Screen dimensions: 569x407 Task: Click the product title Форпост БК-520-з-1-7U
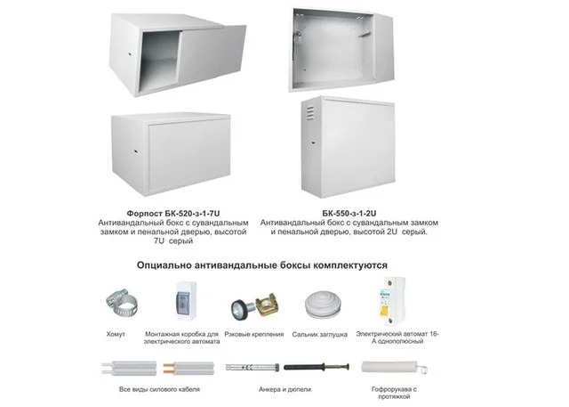173,214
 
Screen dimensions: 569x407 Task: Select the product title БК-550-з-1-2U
349,214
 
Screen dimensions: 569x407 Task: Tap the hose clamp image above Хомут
122,302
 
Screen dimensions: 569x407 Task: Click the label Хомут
116,334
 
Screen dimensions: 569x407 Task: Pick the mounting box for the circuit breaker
186,301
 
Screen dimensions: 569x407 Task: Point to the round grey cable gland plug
323,305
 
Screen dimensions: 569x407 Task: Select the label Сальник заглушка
320,334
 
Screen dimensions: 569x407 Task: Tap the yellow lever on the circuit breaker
383,311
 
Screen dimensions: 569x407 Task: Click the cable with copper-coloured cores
188,369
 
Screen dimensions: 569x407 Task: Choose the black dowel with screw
317,367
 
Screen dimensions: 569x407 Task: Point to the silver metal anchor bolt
252,368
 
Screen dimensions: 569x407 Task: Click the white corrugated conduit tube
389,367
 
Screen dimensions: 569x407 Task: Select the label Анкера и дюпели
284,389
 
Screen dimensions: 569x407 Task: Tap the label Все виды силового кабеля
159,389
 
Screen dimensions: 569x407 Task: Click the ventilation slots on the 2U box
310,113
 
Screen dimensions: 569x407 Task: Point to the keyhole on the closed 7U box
135,151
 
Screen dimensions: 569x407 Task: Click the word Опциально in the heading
164,265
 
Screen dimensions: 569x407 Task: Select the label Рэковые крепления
254,334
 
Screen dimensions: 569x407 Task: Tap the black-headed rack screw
241,308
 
